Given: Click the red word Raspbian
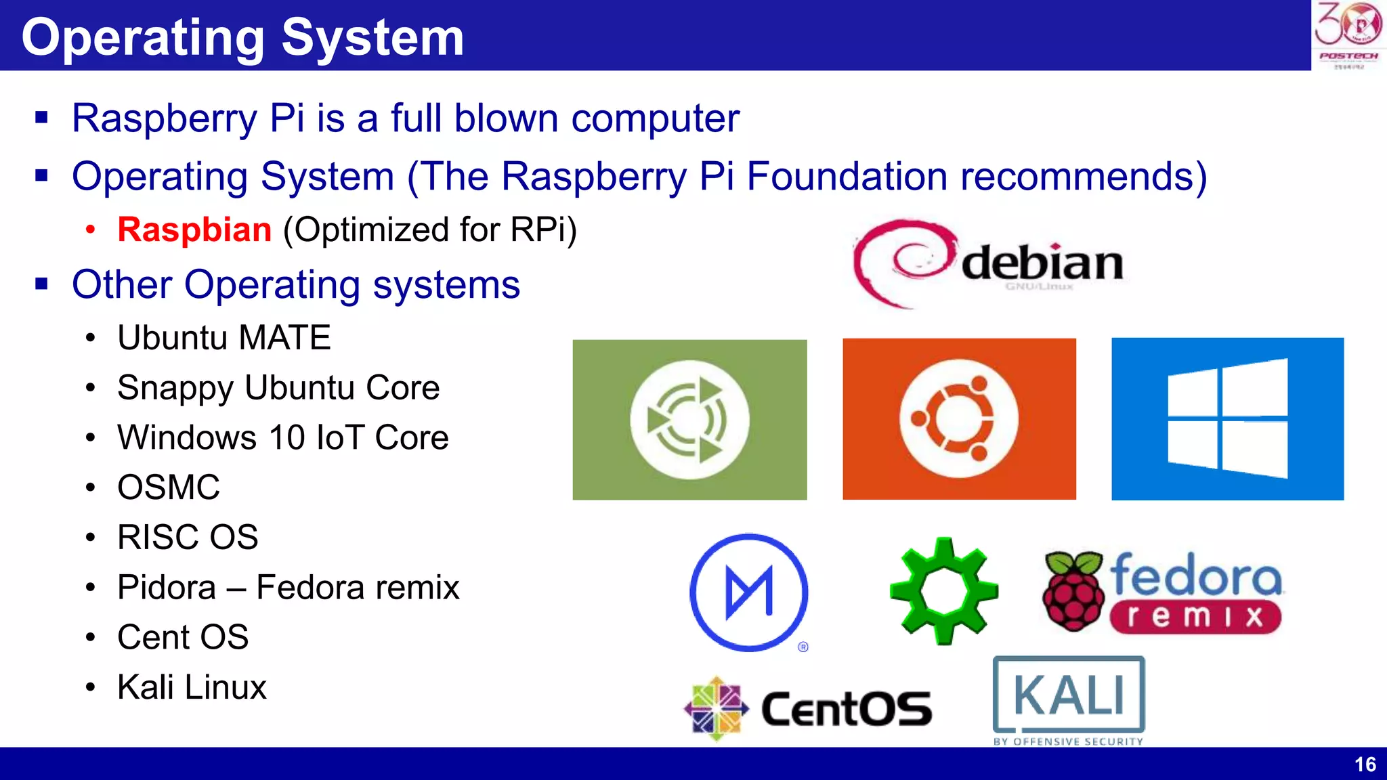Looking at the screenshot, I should tap(194, 230).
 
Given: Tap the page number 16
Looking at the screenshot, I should tap(1365, 764).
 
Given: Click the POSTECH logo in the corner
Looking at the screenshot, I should tap(1348, 35).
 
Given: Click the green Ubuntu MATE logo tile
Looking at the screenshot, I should tap(689, 420).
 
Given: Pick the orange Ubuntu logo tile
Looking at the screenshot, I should tap(959, 419).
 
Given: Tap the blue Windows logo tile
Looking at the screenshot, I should tap(1227, 419).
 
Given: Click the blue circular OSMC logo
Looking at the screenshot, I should tap(749, 592).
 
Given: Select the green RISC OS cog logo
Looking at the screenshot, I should tap(943, 590).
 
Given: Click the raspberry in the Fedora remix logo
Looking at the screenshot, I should tap(1073, 590).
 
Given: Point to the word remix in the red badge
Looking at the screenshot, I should tap(1195, 617).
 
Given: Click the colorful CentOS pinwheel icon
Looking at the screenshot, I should tap(716, 708).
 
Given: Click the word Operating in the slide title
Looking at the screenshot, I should tap(143, 38).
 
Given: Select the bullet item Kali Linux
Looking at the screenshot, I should tap(192, 687).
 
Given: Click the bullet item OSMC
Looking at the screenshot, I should tap(169, 487).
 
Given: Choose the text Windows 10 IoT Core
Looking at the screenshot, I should tap(282, 437).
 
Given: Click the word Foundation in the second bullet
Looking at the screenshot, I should tap(847, 177).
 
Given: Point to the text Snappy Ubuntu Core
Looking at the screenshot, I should tap(278, 388).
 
